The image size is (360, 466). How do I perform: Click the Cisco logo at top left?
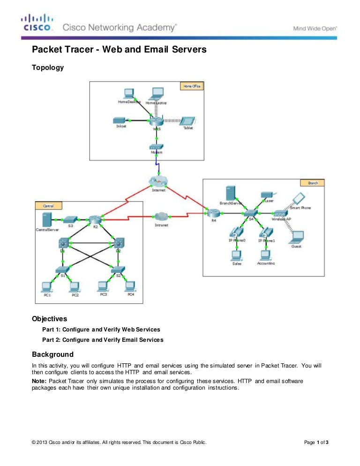(x=37, y=23)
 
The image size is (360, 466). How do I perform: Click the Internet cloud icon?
(x=158, y=180)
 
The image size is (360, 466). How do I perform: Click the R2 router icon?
(x=96, y=218)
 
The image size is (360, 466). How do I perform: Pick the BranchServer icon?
(x=230, y=193)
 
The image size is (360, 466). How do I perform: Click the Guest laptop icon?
(x=296, y=237)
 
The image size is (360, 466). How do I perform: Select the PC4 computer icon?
(x=131, y=286)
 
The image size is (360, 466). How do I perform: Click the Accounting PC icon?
(x=266, y=255)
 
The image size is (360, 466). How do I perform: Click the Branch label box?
(x=313, y=183)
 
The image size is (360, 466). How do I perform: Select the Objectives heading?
(x=49, y=319)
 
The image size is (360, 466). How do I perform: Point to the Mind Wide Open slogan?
(x=315, y=28)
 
